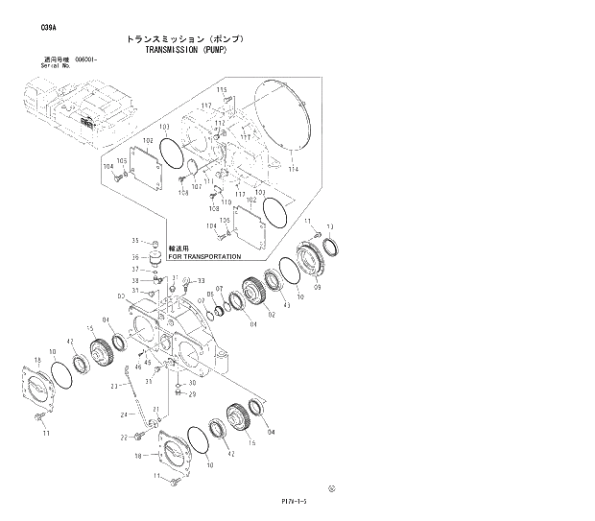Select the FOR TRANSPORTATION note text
click(x=204, y=256)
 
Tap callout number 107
click(x=196, y=187)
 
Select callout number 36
click(x=135, y=256)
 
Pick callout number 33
click(x=202, y=281)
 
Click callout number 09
click(x=317, y=288)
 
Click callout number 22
click(x=124, y=438)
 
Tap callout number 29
click(x=192, y=394)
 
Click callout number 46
click(x=138, y=367)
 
